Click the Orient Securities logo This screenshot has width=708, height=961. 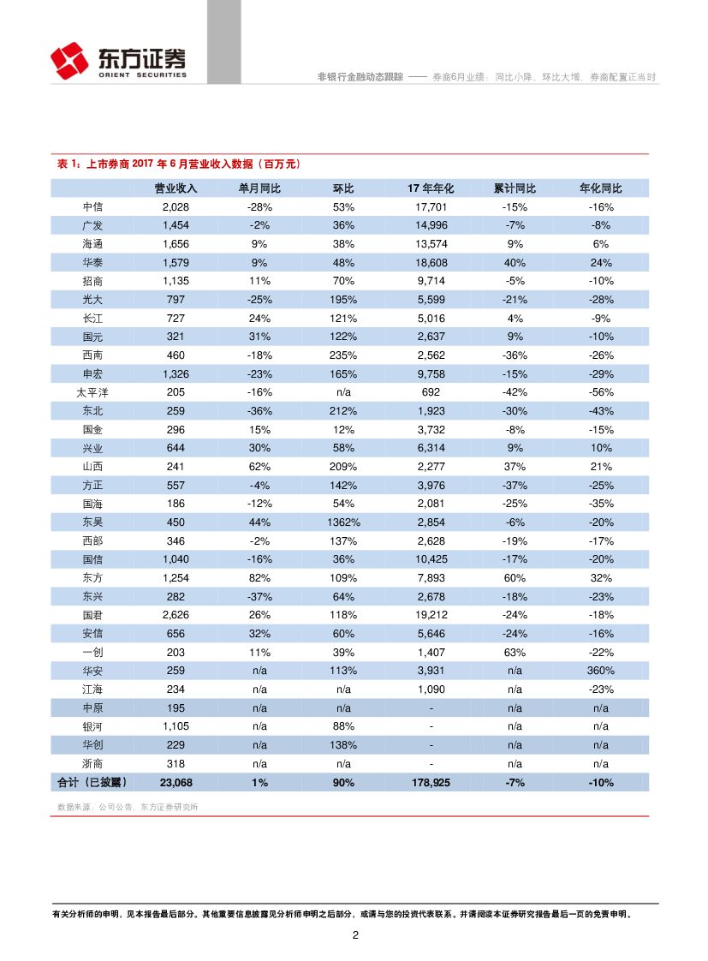point(117,62)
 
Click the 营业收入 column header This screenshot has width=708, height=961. point(176,188)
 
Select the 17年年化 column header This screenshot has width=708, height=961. point(431,188)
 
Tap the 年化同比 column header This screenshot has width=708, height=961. point(601,188)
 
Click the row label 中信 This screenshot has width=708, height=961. point(92,207)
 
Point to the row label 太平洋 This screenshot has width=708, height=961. point(92,392)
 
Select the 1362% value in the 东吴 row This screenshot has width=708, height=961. point(343,522)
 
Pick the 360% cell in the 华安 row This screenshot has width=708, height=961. point(601,671)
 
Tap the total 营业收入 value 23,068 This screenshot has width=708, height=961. point(176,782)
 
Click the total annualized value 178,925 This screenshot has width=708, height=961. point(431,782)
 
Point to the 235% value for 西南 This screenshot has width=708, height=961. point(343,355)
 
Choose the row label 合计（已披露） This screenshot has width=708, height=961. point(92,782)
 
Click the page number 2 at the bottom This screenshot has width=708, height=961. point(354,934)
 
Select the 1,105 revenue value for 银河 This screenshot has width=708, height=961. point(176,726)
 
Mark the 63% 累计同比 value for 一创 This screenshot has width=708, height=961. point(515,653)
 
